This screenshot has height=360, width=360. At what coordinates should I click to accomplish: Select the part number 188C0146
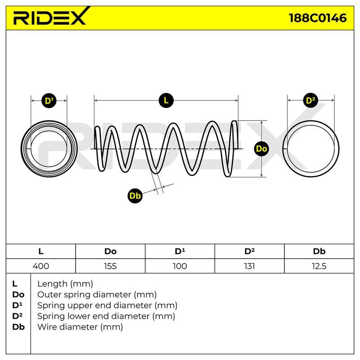[x=318, y=18]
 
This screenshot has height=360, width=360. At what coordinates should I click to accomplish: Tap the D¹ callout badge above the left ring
[x=49, y=101]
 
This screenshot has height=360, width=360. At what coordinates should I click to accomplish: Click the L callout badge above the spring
[x=166, y=100]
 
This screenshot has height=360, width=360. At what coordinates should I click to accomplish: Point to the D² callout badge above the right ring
[x=310, y=100]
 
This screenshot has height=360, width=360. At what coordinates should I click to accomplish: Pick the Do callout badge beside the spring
[x=261, y=149]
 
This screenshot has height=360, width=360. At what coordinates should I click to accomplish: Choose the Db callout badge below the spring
[x=135, y=196]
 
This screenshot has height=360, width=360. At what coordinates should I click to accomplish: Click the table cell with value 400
[x=41, y=266]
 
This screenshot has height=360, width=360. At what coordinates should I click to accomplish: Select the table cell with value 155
[x=110, y=266]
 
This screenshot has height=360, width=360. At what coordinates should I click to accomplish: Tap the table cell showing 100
[x=180, y=266]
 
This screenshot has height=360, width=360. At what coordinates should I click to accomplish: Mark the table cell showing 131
[x=250, y=266]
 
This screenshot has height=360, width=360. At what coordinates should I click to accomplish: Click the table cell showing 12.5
[x=319, y=266]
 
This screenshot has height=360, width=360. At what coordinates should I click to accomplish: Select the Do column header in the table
[x=110, y=252]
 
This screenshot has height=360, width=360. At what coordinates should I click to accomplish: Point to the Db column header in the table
[x=319, y=252]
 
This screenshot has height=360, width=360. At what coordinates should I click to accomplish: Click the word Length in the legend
[x=53, y=284]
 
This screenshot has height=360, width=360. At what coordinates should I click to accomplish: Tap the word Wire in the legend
[x=48, y=327]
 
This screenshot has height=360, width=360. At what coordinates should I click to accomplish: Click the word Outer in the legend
[x=49, y=295]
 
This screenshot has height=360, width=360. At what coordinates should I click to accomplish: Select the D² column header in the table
[x=250, y=252]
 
